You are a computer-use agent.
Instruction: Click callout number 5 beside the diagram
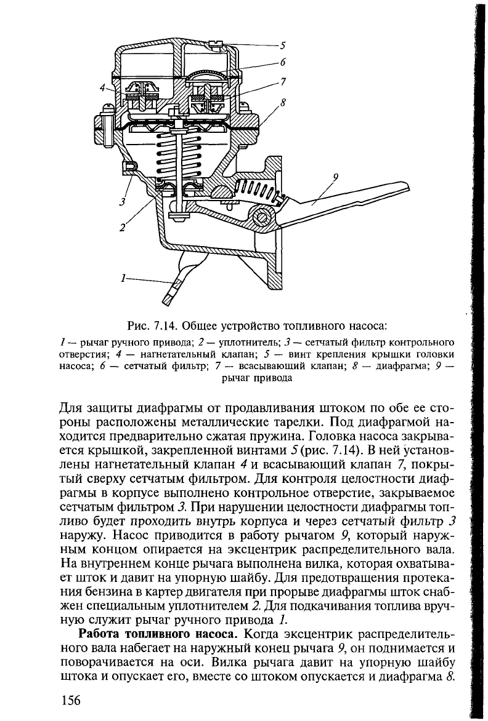[x=283, y=45]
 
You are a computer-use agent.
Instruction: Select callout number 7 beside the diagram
[x=283, y=81]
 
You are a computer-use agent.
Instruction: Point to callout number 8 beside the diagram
[x=283, y=103]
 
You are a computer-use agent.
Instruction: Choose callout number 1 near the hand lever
[x=124, y=279]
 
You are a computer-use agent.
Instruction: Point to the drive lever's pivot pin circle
[x=262, y=217]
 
